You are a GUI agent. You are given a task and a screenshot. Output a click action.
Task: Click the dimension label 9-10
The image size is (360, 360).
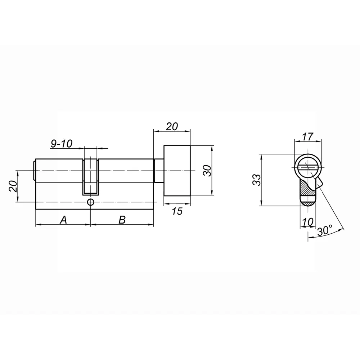[x=62, y=144]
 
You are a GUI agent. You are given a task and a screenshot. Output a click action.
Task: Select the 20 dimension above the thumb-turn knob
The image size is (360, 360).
[x=172, y=126]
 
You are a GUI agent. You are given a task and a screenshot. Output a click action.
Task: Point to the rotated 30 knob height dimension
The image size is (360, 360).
[x=207, y=171]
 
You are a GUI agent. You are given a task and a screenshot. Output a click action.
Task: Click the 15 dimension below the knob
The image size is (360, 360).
[x=177, y=211]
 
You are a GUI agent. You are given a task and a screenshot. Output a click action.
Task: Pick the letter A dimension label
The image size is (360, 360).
[x=63, y=220]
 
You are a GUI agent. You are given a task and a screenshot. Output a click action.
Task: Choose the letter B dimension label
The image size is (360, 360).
[x=122, y=220]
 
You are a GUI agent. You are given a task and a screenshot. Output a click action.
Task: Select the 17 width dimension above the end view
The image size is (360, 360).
[x=308, y=136]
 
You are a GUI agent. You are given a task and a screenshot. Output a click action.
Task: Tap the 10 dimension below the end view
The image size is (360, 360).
[x=307, y=222]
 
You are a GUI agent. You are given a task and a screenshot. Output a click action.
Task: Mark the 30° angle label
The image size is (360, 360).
[x=325, y=231]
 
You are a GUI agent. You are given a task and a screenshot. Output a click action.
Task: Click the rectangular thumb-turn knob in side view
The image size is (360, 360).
[x=177, y=171]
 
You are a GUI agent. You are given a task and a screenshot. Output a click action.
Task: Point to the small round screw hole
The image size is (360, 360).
[x=90, y=202]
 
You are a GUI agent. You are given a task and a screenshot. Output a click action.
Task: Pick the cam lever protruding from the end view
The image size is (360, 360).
[x=319, y=182]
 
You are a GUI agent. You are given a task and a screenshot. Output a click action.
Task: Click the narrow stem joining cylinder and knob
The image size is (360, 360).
[x=159, y=171]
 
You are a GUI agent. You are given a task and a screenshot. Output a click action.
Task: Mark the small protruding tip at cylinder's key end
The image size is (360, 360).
[x=34, y=171]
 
